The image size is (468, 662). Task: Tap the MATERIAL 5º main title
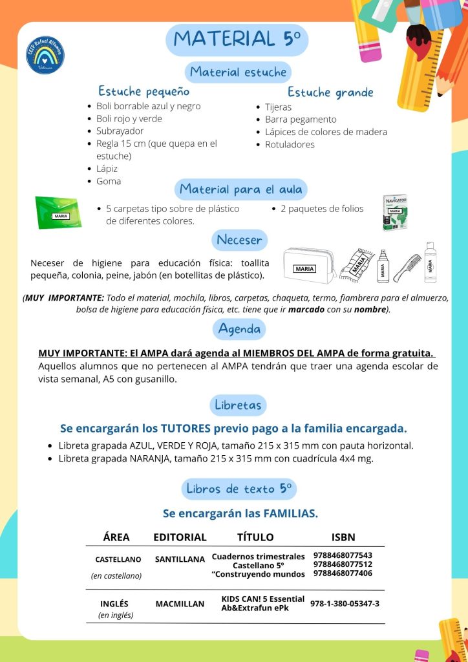[x=237, y=39]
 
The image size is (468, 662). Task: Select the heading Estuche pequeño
[x=144, y=91]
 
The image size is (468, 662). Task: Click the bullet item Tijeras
[x=278, y=107]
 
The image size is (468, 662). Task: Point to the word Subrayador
[x=120, y=131]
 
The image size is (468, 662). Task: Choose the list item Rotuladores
[x=290, y=144]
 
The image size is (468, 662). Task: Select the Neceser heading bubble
[x=239, y=240]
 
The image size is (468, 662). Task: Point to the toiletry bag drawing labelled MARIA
[x=308, y=265]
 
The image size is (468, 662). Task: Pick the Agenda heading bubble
[x=239, y=329]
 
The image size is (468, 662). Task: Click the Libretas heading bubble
[x=239, y=405]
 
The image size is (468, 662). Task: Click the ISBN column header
[x=343, y=537]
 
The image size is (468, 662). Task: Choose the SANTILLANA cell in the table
[x=180, y=559]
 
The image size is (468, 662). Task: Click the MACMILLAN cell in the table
[x=180, y=604]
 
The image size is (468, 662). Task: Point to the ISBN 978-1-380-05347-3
[x=345, y=604]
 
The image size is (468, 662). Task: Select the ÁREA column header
[x=116, y=537]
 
